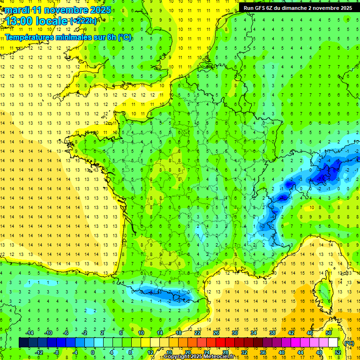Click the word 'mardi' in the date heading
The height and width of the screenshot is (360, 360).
coord(18,10)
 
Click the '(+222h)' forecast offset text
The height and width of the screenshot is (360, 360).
coord(83,21)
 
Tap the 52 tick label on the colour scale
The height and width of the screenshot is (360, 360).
coord(338,352)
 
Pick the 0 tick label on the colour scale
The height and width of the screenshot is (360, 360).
coord(92,352)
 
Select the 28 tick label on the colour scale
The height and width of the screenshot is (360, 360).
coord(225,352)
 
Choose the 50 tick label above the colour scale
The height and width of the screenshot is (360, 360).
coord(329,332)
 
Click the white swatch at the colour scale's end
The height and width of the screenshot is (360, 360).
coord(333,343)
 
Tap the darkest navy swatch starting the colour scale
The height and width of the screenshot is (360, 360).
coord(23,343)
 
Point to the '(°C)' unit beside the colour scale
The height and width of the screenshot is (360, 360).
coord(349,343)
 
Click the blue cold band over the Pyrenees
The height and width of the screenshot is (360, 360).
coord(159,294)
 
